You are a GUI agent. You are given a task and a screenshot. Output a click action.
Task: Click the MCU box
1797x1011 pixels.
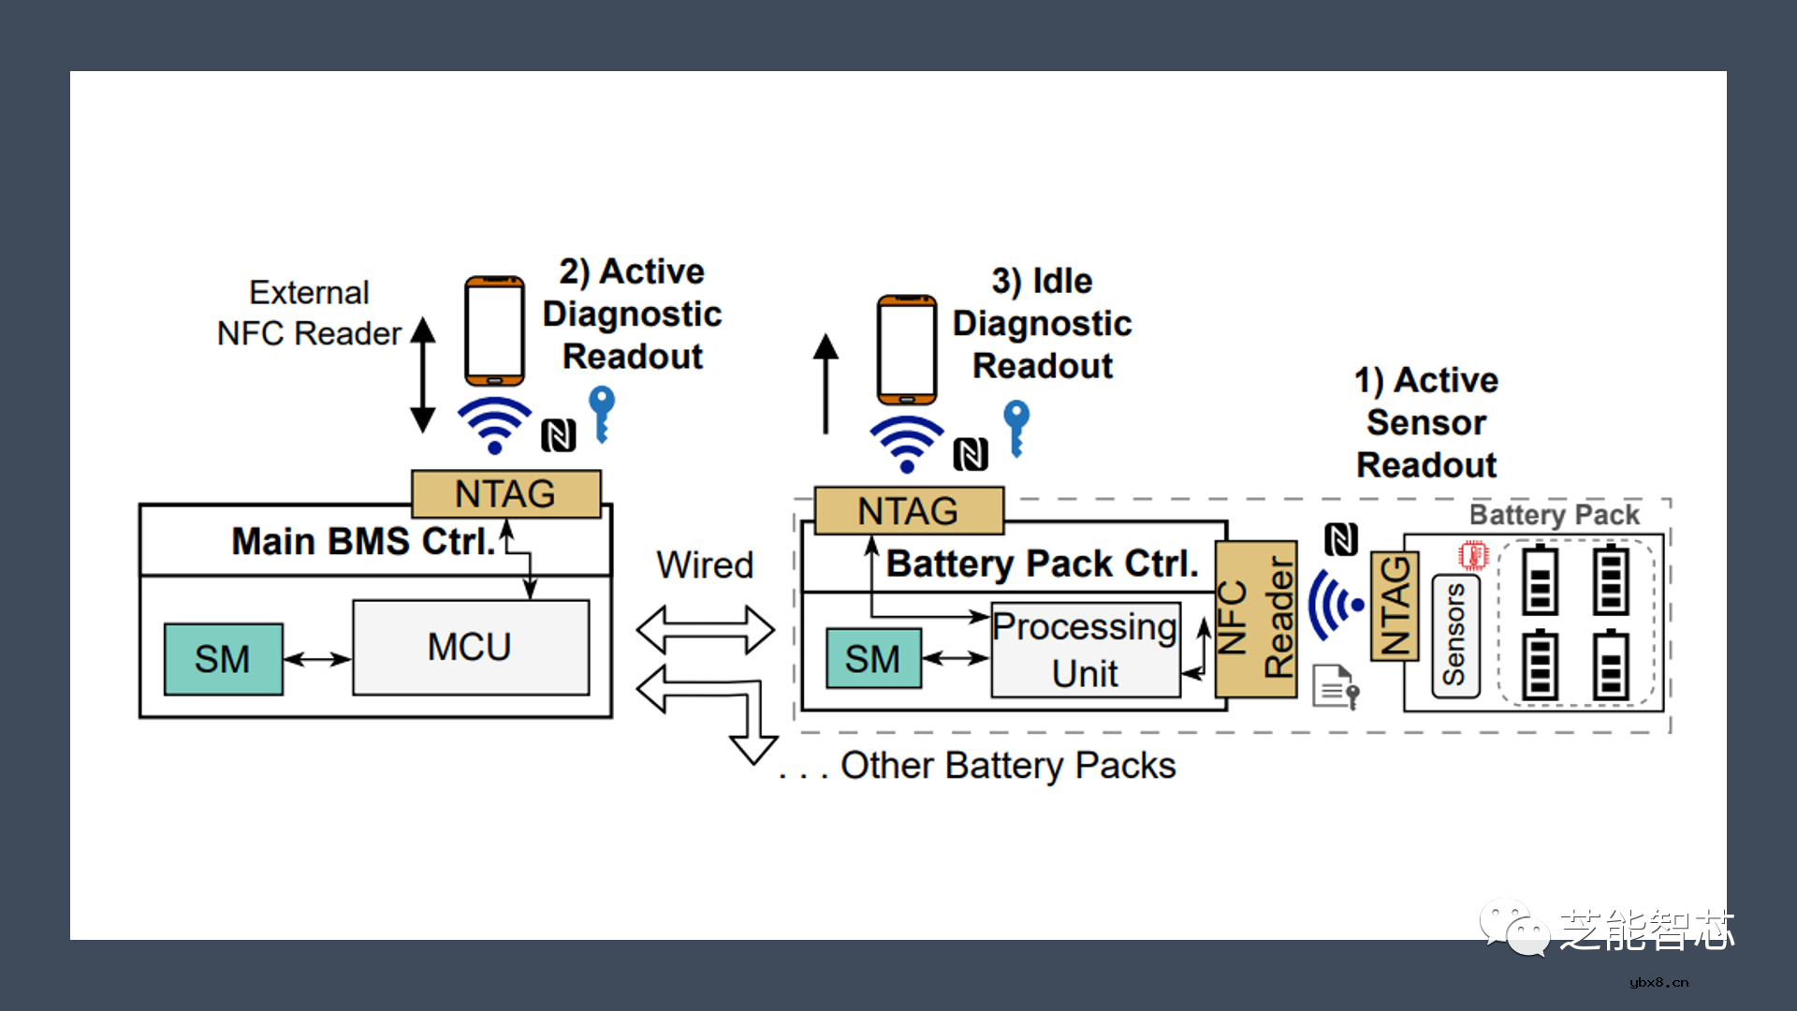pyautogui.click(x=471, y=648)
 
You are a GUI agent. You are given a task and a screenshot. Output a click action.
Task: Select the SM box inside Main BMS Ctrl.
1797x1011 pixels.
pyautogui.click(x=223, y=659)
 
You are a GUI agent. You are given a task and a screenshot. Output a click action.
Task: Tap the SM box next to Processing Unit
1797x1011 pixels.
pyautogui.click(x=873, y=659)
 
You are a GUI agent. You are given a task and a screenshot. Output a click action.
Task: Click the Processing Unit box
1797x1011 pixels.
pyautogui.click(x=1085, y=650)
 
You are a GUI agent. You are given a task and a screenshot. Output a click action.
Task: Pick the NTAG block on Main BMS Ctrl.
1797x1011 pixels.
pyautogui.click(x=505, y=493)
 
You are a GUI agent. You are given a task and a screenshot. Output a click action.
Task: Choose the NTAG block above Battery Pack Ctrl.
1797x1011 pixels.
pyautogui.click(x=908, y=511)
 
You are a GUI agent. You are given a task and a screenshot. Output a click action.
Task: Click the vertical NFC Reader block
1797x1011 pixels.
pyautogui.click(x=1256, y=619)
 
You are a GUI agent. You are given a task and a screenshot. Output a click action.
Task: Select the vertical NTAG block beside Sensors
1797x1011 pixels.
pyautogui.click(x=1395, y=606)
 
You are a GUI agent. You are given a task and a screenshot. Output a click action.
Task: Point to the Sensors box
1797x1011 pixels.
pyautogui.click(x=1455, y=636)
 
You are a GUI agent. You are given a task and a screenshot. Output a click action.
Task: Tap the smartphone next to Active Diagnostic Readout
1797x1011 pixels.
pyautogui.click(x=494, y=330)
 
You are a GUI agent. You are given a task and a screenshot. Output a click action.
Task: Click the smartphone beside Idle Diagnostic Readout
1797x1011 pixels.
pyautogui.click(x=906, y=349)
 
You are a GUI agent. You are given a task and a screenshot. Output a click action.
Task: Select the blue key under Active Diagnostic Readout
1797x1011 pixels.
pyautogui.click(x=602, y=412)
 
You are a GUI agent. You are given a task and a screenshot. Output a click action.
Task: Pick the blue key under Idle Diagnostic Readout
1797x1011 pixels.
pyautogui.click(x=1016, y=427)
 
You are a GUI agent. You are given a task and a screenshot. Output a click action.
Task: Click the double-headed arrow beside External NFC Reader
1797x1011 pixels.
pyautogui.click(x=423, y=374)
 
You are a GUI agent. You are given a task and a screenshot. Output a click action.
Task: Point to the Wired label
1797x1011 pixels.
pyautogui.click(x=705, y=565)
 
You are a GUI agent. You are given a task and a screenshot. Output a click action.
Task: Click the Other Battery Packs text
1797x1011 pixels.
pyautogui.click(x=1007, y=766)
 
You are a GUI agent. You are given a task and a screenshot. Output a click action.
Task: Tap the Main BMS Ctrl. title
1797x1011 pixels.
pyautogui.click(x=363, y=541)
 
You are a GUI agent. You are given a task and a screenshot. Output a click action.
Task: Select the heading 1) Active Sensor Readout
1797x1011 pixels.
pyautogui.click(x=1426, y=422)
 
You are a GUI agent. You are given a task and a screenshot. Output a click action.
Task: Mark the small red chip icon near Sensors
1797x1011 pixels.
pyautogui.click(x=1473, y=555)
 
